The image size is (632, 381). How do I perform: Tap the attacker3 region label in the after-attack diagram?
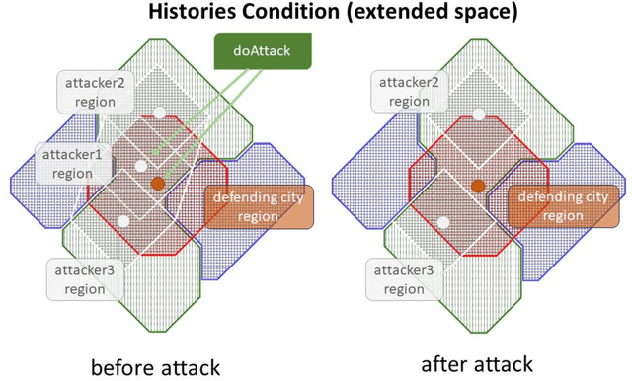403,279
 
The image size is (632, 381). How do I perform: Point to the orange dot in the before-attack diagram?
159,185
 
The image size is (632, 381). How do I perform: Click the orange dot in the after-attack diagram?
478,185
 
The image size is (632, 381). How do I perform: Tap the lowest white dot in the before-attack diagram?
121,222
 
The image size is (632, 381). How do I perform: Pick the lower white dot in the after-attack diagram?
440,222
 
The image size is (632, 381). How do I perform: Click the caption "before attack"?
155,366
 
